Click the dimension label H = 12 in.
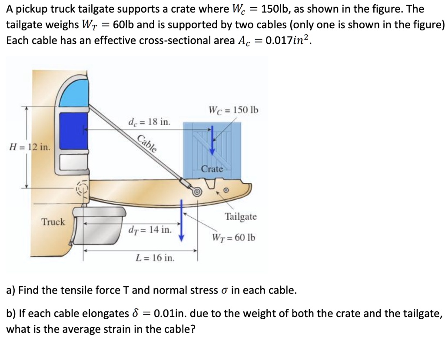coord(29,147)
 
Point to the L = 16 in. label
coord(155,258)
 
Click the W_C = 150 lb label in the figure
coord(233,109)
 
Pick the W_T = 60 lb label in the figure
coord(233,238)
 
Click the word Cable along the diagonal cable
coord(147,143)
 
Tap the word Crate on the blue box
coord(212,169)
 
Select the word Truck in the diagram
coord(53,222)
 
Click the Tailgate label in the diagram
coord(240,216)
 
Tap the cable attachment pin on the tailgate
coord(197,191)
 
